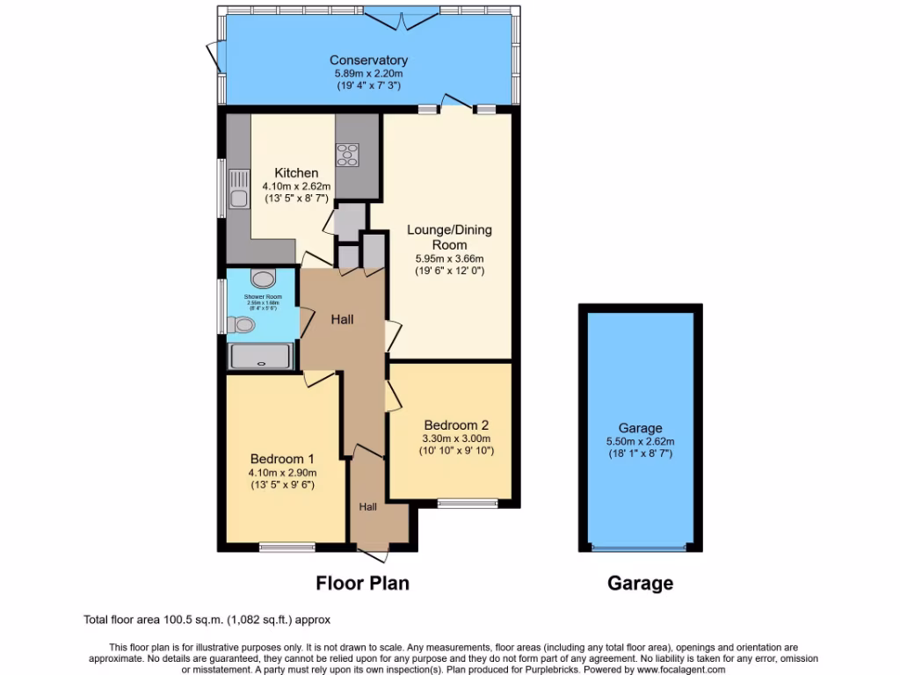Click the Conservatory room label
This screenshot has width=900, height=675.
point(369,60)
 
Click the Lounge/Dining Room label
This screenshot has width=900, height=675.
point(449,237)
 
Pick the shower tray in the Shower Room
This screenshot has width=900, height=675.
point(259,356)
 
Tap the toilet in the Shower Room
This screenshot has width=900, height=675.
point(242,325)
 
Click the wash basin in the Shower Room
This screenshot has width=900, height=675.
point(262,279)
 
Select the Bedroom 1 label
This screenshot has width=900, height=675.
point(282,459)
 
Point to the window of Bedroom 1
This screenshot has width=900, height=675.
point(287,547)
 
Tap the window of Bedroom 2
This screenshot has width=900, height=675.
point(468,504)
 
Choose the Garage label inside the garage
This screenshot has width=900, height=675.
point(640,428)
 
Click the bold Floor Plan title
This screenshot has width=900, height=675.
point(362,583)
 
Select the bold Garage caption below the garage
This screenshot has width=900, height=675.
point(640,583)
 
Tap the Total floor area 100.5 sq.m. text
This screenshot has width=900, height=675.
point(207,620)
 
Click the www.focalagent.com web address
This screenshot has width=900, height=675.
point(676,669)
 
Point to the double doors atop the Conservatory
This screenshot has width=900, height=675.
point(402,15)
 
